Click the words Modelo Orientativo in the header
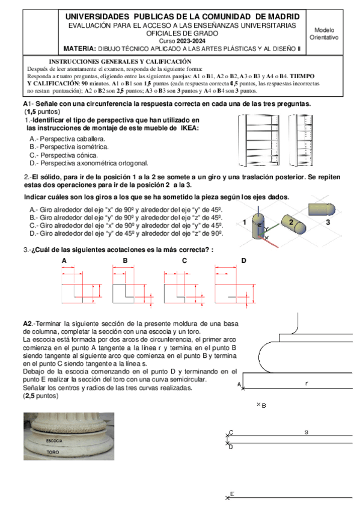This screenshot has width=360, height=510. click(324, 34)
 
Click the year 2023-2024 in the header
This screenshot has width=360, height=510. click(191, 41)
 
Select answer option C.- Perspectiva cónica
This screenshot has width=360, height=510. click(64, 155)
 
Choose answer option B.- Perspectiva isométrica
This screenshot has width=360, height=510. click(69, 147)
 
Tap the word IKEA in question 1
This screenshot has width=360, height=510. click(189, 128)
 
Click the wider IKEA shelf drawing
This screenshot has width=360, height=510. click(259, 140)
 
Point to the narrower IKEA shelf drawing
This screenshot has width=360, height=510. click(301, 140)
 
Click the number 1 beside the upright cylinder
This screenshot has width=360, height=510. click(245, 223)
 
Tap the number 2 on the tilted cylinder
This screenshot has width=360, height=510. click(291, 222)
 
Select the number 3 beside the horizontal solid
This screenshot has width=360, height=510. click(328, 223)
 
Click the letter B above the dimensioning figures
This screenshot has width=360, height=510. click(125, 260)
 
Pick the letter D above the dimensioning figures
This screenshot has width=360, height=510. click(243, 260)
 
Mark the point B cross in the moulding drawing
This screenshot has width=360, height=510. click(258, 404)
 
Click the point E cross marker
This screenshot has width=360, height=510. click(227, 497)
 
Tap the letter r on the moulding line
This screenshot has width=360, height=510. click(307, 384)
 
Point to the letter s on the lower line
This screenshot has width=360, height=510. click(306, 432)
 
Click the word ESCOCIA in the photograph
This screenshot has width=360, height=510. click(54, 441)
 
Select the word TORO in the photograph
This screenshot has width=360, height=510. click(53, 452)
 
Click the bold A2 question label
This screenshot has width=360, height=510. click(28, 324)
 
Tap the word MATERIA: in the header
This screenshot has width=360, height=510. click(79, 49)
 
